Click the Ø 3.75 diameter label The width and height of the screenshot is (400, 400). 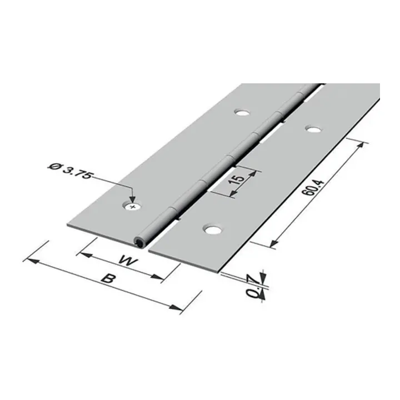[69, 171]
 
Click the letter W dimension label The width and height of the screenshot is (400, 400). [128, 261]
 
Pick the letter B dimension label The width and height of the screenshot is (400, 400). [107, 278]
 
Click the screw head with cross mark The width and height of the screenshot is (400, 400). [133, 206]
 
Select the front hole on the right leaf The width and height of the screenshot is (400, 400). [213, 229]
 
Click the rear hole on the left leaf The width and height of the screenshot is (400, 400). [242, 112]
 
